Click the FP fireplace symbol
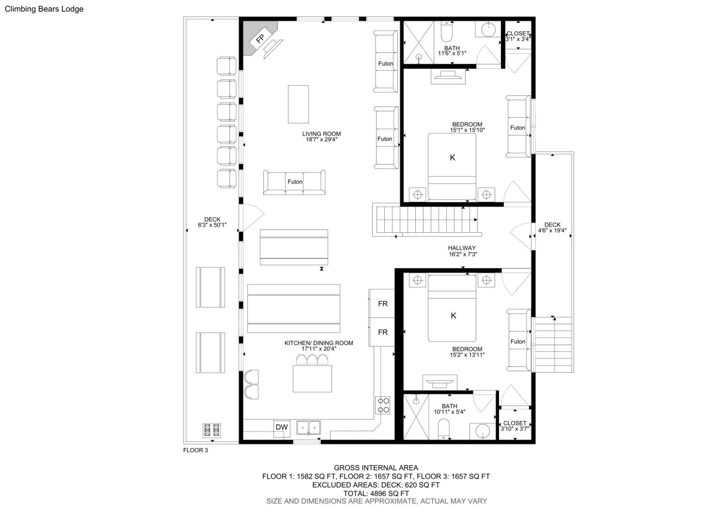260,38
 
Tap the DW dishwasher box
281,428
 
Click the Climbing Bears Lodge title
44,9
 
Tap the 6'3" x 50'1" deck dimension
212,225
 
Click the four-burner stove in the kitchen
383,405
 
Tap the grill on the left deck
212,430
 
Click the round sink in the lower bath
483,431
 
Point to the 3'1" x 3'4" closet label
518,39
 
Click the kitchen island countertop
312,379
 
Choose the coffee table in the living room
298,104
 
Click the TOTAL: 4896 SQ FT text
376,493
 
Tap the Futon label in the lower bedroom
518,341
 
